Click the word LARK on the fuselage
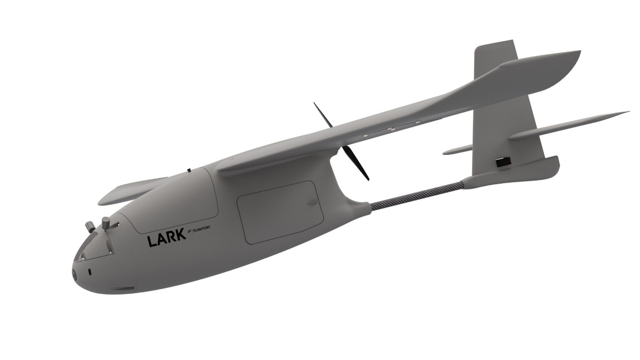166,240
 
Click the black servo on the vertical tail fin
503,163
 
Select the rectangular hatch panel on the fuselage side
280,212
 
